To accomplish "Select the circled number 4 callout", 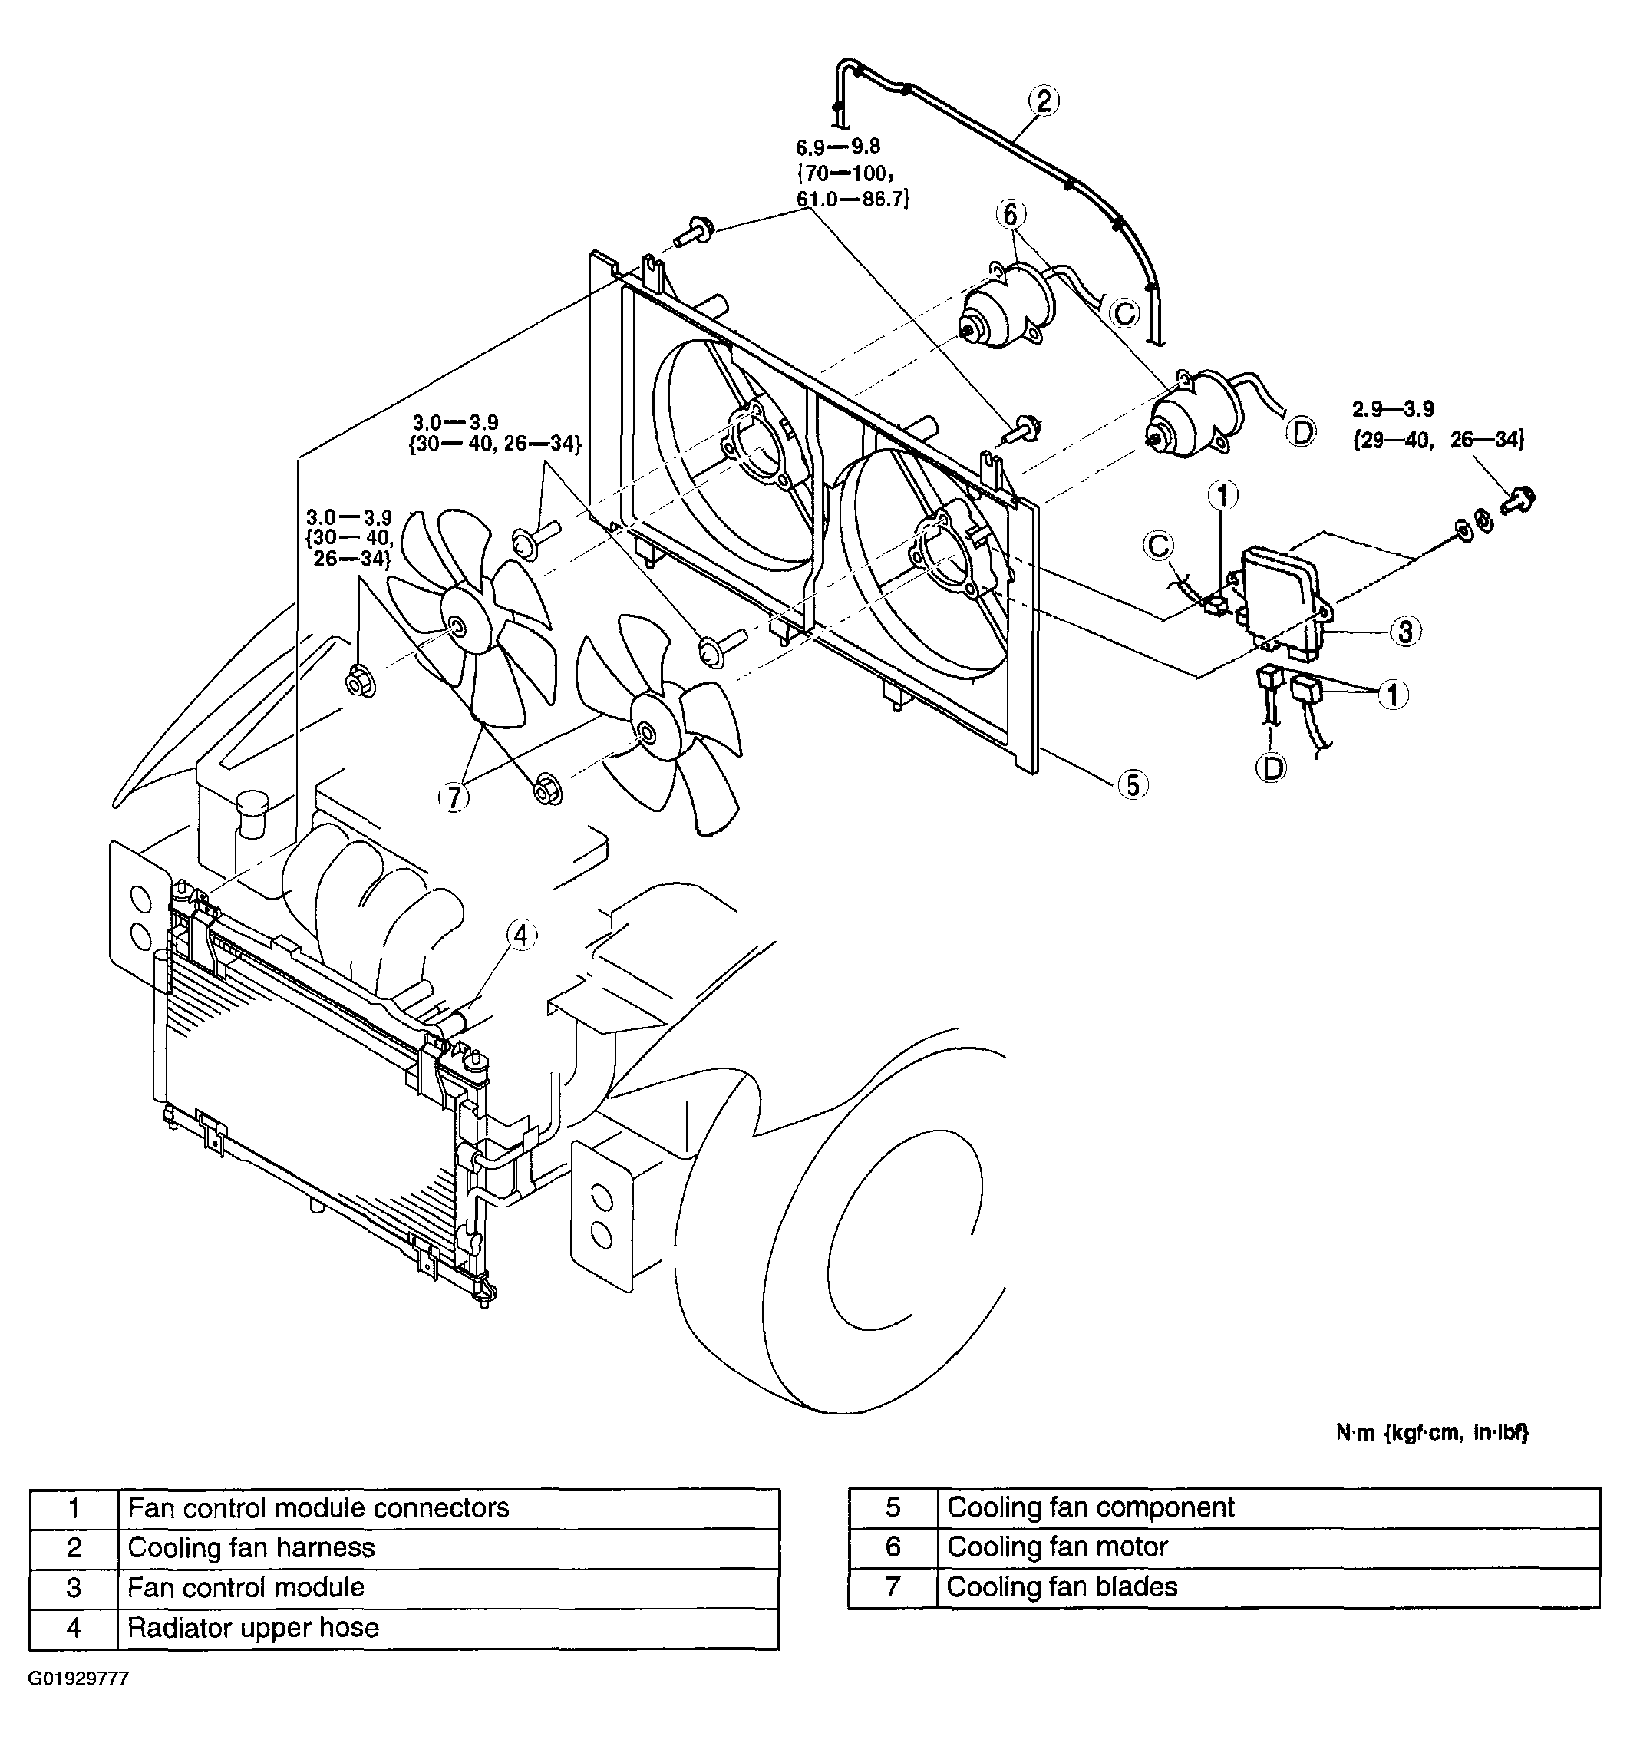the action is tap(521, 936).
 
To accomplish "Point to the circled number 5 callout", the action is tap(1133, 784).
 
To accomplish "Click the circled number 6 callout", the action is tap(1010, 214).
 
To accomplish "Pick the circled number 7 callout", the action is tap(454, 798).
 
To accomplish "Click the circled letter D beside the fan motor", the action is tap(1303, 431).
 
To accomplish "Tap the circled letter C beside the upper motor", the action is tap(1124, 312).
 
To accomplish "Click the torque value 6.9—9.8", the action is tap(837, 147).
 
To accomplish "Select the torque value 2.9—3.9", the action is tap(1394, 408).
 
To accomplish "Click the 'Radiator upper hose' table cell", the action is tap(448, 1628).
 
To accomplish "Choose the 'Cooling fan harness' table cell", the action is tap(448, 1547).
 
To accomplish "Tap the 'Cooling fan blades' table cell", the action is tap(1268, 1587).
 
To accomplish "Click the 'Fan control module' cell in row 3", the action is tap(448, 1588).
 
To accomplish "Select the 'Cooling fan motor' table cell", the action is tap(1268, 1547).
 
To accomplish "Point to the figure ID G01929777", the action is tap(79, 1678).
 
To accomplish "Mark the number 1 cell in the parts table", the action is tap(74, 1508).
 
